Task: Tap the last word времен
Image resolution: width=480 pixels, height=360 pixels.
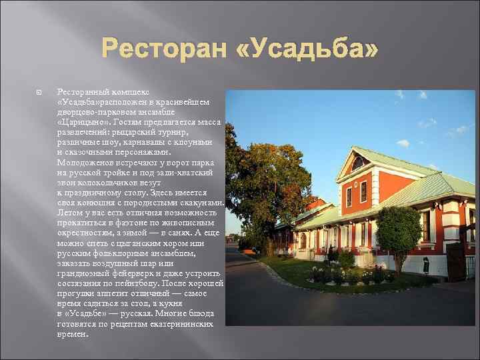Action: click(73, 333)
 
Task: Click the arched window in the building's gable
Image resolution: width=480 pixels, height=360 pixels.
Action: click(359, 163)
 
